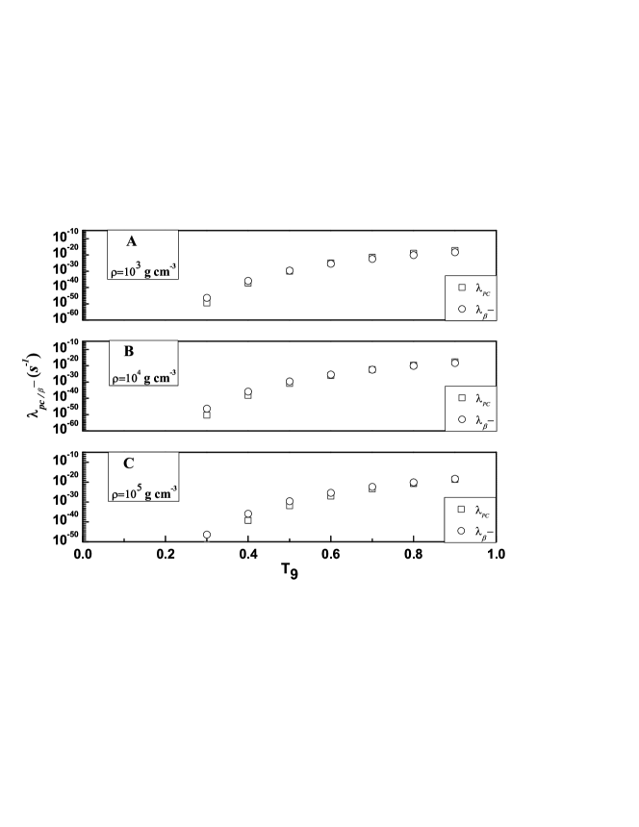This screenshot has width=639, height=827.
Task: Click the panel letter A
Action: coord(131,242)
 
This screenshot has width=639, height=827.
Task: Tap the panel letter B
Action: coord(129,352)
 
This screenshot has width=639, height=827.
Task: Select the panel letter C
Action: coord(128,463)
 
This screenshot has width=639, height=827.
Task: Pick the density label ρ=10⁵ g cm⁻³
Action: coord(143,489)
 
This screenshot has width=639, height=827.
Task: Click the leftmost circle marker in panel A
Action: coord(207,298)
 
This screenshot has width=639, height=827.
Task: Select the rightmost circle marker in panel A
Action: coord(455,251)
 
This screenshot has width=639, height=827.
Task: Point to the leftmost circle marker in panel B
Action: coord(207,410)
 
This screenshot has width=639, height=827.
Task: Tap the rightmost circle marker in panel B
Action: coord(455,362)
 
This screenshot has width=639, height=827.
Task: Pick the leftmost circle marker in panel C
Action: coord(207,535)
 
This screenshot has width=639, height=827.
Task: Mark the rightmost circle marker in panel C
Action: coord(455,478)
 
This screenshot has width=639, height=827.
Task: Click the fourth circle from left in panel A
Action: coord(331,263)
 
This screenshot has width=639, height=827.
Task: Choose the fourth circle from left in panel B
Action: coord(331,374)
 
